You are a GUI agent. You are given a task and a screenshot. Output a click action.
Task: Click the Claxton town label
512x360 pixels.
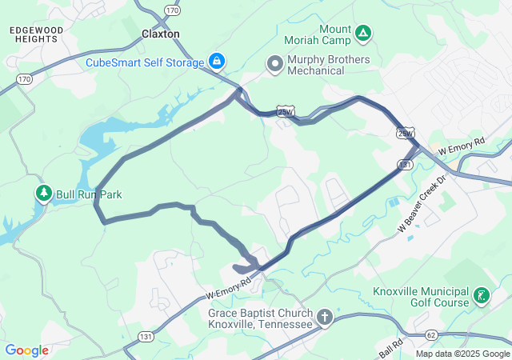(160, 34)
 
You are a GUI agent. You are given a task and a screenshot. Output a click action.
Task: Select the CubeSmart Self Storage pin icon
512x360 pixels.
(216, 60)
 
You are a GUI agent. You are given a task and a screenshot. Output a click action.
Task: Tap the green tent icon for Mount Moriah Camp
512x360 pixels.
(363, 33)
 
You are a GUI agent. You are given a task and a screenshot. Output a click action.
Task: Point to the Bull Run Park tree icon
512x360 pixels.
(43, 194)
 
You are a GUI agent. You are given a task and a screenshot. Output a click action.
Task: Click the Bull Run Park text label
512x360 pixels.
(88, 194)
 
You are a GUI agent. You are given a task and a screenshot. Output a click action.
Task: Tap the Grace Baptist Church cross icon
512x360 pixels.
(325, 318)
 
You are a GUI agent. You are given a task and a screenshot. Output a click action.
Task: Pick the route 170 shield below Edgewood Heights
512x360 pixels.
(25, 79)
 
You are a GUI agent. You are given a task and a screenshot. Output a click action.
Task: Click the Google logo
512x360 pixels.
(27, 350)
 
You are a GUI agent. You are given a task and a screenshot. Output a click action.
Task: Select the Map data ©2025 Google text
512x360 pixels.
(462, 354)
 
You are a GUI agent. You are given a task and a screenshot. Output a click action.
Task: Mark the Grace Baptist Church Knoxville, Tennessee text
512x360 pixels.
(260, 318)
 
